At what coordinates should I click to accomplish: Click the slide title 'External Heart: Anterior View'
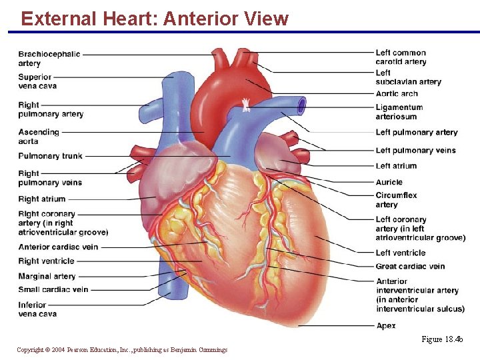tap(155, 19)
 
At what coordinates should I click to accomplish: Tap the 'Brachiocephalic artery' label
tap(49, 59)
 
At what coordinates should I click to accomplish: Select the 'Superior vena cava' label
tap(37, 81)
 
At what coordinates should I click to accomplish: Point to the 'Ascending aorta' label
tap(39, 137)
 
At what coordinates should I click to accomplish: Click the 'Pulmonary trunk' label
tap(51, 156)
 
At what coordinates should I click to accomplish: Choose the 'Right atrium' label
tap(42, 199)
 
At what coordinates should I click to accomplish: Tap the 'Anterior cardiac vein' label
tap(58, 247)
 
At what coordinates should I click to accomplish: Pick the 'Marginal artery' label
tap(47, 276)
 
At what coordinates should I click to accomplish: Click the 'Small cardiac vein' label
tap(53, 289)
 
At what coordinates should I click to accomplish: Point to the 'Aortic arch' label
tap(397, 94)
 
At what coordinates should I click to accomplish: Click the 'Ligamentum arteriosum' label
tap(399, 111)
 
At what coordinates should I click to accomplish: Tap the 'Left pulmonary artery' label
tap(417, 133)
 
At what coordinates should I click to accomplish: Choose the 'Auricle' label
tap(389, 182)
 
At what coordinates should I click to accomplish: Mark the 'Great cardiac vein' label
tap(410, 267)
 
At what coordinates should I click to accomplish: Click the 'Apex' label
tap(386, 326)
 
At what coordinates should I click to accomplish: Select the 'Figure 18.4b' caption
tap(441, 340)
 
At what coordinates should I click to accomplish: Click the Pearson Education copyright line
tap(122, 350)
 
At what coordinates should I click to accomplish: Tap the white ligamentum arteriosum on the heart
tap(246, 104)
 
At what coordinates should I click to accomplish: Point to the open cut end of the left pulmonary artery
tap(302, 105)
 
